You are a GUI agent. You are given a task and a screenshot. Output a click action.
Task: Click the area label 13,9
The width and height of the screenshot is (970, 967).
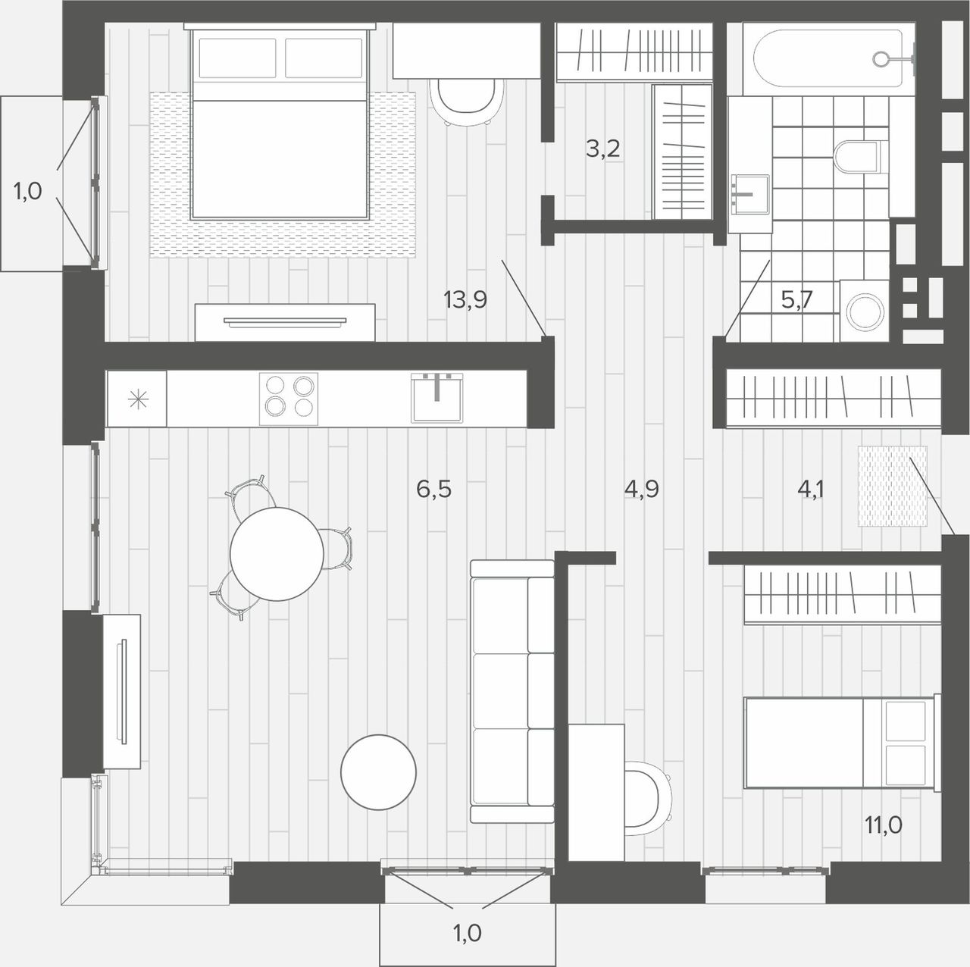[465, 300]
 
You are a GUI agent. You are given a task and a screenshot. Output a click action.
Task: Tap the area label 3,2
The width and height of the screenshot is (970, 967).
[602, 149]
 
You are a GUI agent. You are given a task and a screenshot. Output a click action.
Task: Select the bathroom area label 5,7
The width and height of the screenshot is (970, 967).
[796, 301]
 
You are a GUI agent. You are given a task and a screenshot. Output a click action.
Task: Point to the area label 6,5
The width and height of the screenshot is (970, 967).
[433, 489]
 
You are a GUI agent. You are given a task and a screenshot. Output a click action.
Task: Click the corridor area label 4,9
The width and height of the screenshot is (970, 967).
[641, 489]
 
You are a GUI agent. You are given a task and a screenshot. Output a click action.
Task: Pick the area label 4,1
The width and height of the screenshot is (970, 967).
[810, 489]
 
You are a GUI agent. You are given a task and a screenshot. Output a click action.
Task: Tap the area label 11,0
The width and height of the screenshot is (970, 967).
[884, 825]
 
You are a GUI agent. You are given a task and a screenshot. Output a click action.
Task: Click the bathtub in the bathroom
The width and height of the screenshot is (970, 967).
[828, 59]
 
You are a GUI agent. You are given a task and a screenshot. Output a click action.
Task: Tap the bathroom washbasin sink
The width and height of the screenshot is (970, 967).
[749, 194]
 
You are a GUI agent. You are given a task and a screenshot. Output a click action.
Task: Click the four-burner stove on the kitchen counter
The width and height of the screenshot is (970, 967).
[289, 399]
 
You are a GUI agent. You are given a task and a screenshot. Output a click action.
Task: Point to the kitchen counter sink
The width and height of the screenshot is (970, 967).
[436, 397]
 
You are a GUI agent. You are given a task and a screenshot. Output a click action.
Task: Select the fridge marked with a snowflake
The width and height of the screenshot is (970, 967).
[137, 399]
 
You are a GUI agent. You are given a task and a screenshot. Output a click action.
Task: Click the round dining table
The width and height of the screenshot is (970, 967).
[277, 554]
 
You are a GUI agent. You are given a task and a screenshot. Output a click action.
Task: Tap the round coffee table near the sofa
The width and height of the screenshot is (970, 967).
[378, 772]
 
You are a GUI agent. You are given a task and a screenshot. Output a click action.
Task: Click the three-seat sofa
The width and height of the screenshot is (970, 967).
[512, 691]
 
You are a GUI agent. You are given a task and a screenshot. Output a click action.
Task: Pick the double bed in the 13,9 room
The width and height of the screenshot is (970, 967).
[280, 124]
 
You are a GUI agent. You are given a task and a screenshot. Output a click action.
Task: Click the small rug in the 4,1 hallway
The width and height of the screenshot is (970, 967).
[893, 487]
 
